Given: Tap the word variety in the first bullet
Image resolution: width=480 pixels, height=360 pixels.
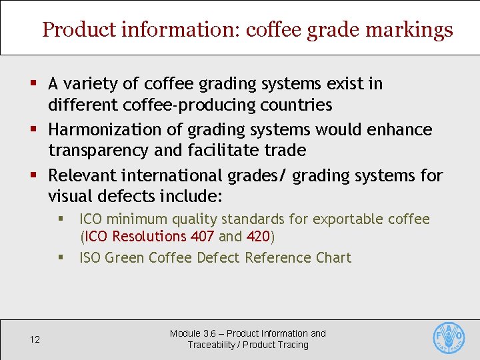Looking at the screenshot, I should point(88,84).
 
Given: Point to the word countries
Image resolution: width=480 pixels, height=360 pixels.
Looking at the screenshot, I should point(299,105).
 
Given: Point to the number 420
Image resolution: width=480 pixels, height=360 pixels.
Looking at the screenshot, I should point(259,237).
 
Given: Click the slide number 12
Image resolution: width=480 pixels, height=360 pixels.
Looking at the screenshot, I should point(35,339).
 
